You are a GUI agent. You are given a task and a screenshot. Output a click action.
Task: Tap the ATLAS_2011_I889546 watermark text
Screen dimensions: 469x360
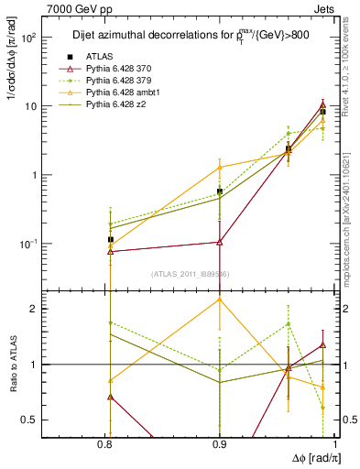[190, 274]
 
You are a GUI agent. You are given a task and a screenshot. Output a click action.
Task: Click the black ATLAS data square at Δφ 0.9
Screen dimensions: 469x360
[219, 191]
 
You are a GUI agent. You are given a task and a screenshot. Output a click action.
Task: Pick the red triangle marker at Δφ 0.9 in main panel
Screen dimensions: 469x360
[219, 242]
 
